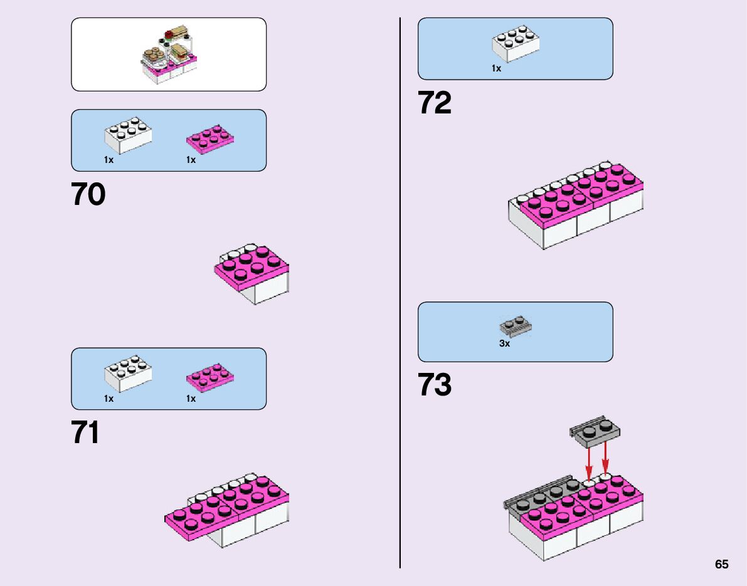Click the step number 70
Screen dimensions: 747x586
coord(88,195)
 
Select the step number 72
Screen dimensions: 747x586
coord(435,103)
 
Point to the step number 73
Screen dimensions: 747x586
coord(435,385)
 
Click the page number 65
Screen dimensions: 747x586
coord(721,565)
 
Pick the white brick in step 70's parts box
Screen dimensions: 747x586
coord(127,135)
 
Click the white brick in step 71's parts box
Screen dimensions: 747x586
coord(127,374)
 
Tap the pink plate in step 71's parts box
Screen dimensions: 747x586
coord(210,377)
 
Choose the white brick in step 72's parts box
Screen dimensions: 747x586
coord(516,44)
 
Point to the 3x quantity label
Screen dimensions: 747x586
coord(505,343)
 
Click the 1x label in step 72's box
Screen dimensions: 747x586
coord(496,69)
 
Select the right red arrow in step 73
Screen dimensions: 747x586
coord(605,459)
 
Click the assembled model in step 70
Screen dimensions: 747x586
coord(252,273)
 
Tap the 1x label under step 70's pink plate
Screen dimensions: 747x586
coord(191,160)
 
